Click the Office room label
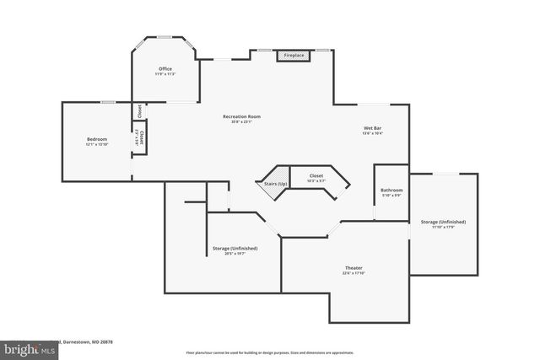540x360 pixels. [x=165, y=68]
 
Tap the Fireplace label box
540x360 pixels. [x=294, y=56]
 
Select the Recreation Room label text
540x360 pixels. [x=241, y=116]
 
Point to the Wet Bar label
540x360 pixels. [x=372, y=127]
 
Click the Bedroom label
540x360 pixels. [x=97, y=139]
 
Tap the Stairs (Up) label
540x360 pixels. [x=271, y=183]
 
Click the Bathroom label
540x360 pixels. [x=391, y=190]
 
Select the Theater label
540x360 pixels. [x=354, y=267]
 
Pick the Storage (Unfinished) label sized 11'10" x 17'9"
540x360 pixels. [x=443, y=222]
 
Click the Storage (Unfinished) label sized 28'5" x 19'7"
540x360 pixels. [x=235, y=248]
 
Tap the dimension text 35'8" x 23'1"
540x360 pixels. [x=241, y=122]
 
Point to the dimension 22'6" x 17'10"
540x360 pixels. [x=354, y=273]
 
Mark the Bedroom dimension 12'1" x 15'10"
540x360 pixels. [x=97, y=145]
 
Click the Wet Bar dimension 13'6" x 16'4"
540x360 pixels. [x=372, y=133]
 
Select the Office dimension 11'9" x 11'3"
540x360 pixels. [x=165, y=74]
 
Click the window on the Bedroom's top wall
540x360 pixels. [x=108, y=102]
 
